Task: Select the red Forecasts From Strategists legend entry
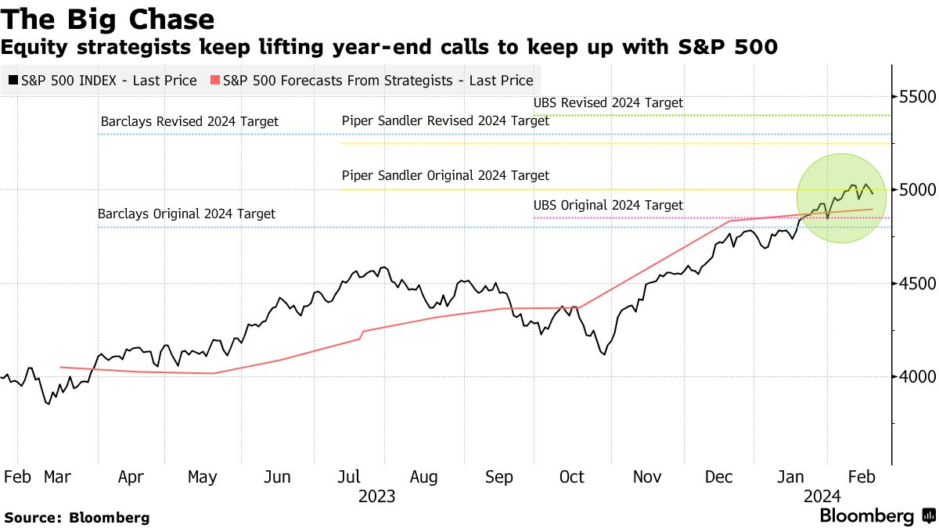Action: [372, 80]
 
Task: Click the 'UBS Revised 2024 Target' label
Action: [608, 102]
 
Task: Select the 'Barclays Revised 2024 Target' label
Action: [189, 122]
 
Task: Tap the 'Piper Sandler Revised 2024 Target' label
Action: [445, 121]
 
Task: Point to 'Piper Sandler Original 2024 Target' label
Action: [445, 176]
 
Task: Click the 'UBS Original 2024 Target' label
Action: [608, 205]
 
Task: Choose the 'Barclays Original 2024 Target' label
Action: [186, 214]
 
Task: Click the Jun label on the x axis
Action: [278, 477]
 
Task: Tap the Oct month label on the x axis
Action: [572, 477]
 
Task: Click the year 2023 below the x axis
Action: [376, 496]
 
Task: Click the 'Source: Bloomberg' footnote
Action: [77, 517]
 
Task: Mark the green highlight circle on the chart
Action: [842, 198]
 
